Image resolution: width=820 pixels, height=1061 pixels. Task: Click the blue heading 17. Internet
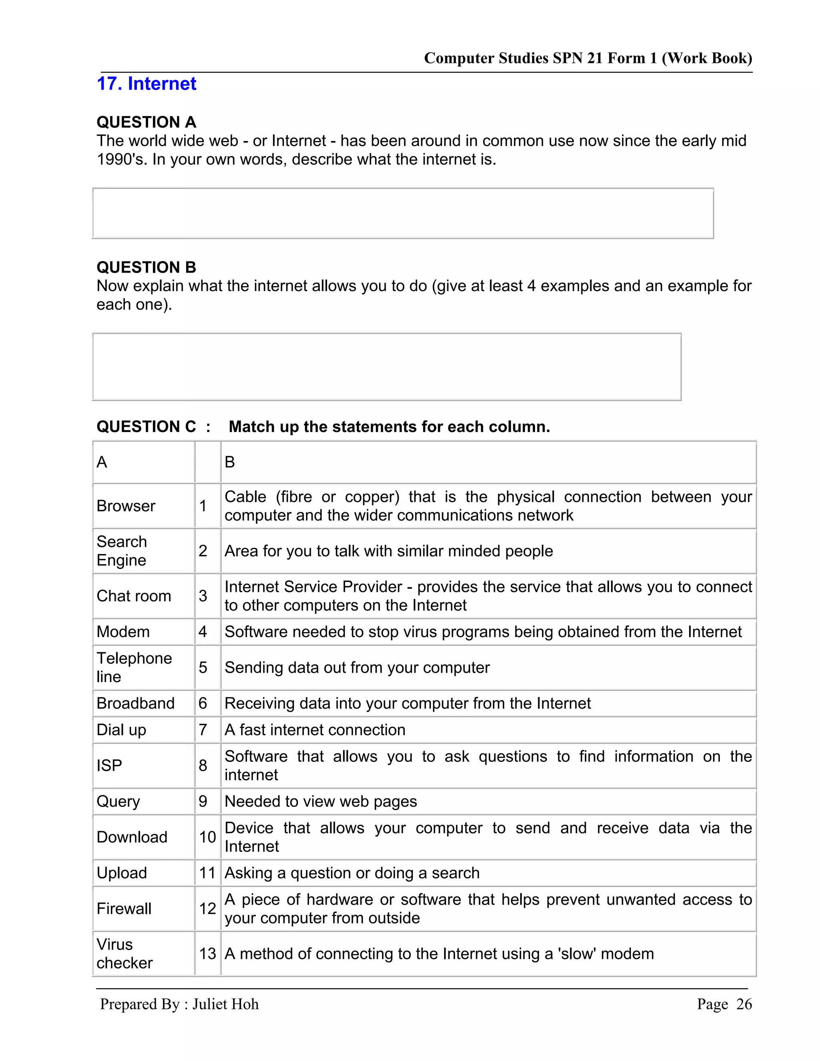[x=146, y=84]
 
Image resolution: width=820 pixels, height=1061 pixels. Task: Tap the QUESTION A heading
[x=146, y=122]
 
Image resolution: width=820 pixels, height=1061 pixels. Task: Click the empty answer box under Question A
[x=403, y=213]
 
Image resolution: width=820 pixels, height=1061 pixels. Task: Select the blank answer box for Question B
[x=387, y=367]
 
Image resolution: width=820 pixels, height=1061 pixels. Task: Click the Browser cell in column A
[x=126, y=506]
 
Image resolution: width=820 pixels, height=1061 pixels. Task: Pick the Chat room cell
[x=134, y=596]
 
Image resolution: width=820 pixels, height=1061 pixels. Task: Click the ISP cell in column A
[x=109, y=766]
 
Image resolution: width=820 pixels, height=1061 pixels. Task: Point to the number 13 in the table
[x=207, y=954]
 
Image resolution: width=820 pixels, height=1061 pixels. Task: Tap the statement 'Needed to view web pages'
[x=321, y=802]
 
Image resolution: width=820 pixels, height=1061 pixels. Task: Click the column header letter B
[x=230, y=462]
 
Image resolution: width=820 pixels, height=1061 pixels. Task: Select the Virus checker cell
[x=125, y=954]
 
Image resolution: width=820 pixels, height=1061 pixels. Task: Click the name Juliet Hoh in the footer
[x=225, y=1004]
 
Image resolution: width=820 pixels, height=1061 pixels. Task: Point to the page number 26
[x=744, y=1004]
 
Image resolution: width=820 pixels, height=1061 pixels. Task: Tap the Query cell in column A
[x=118, y=802]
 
